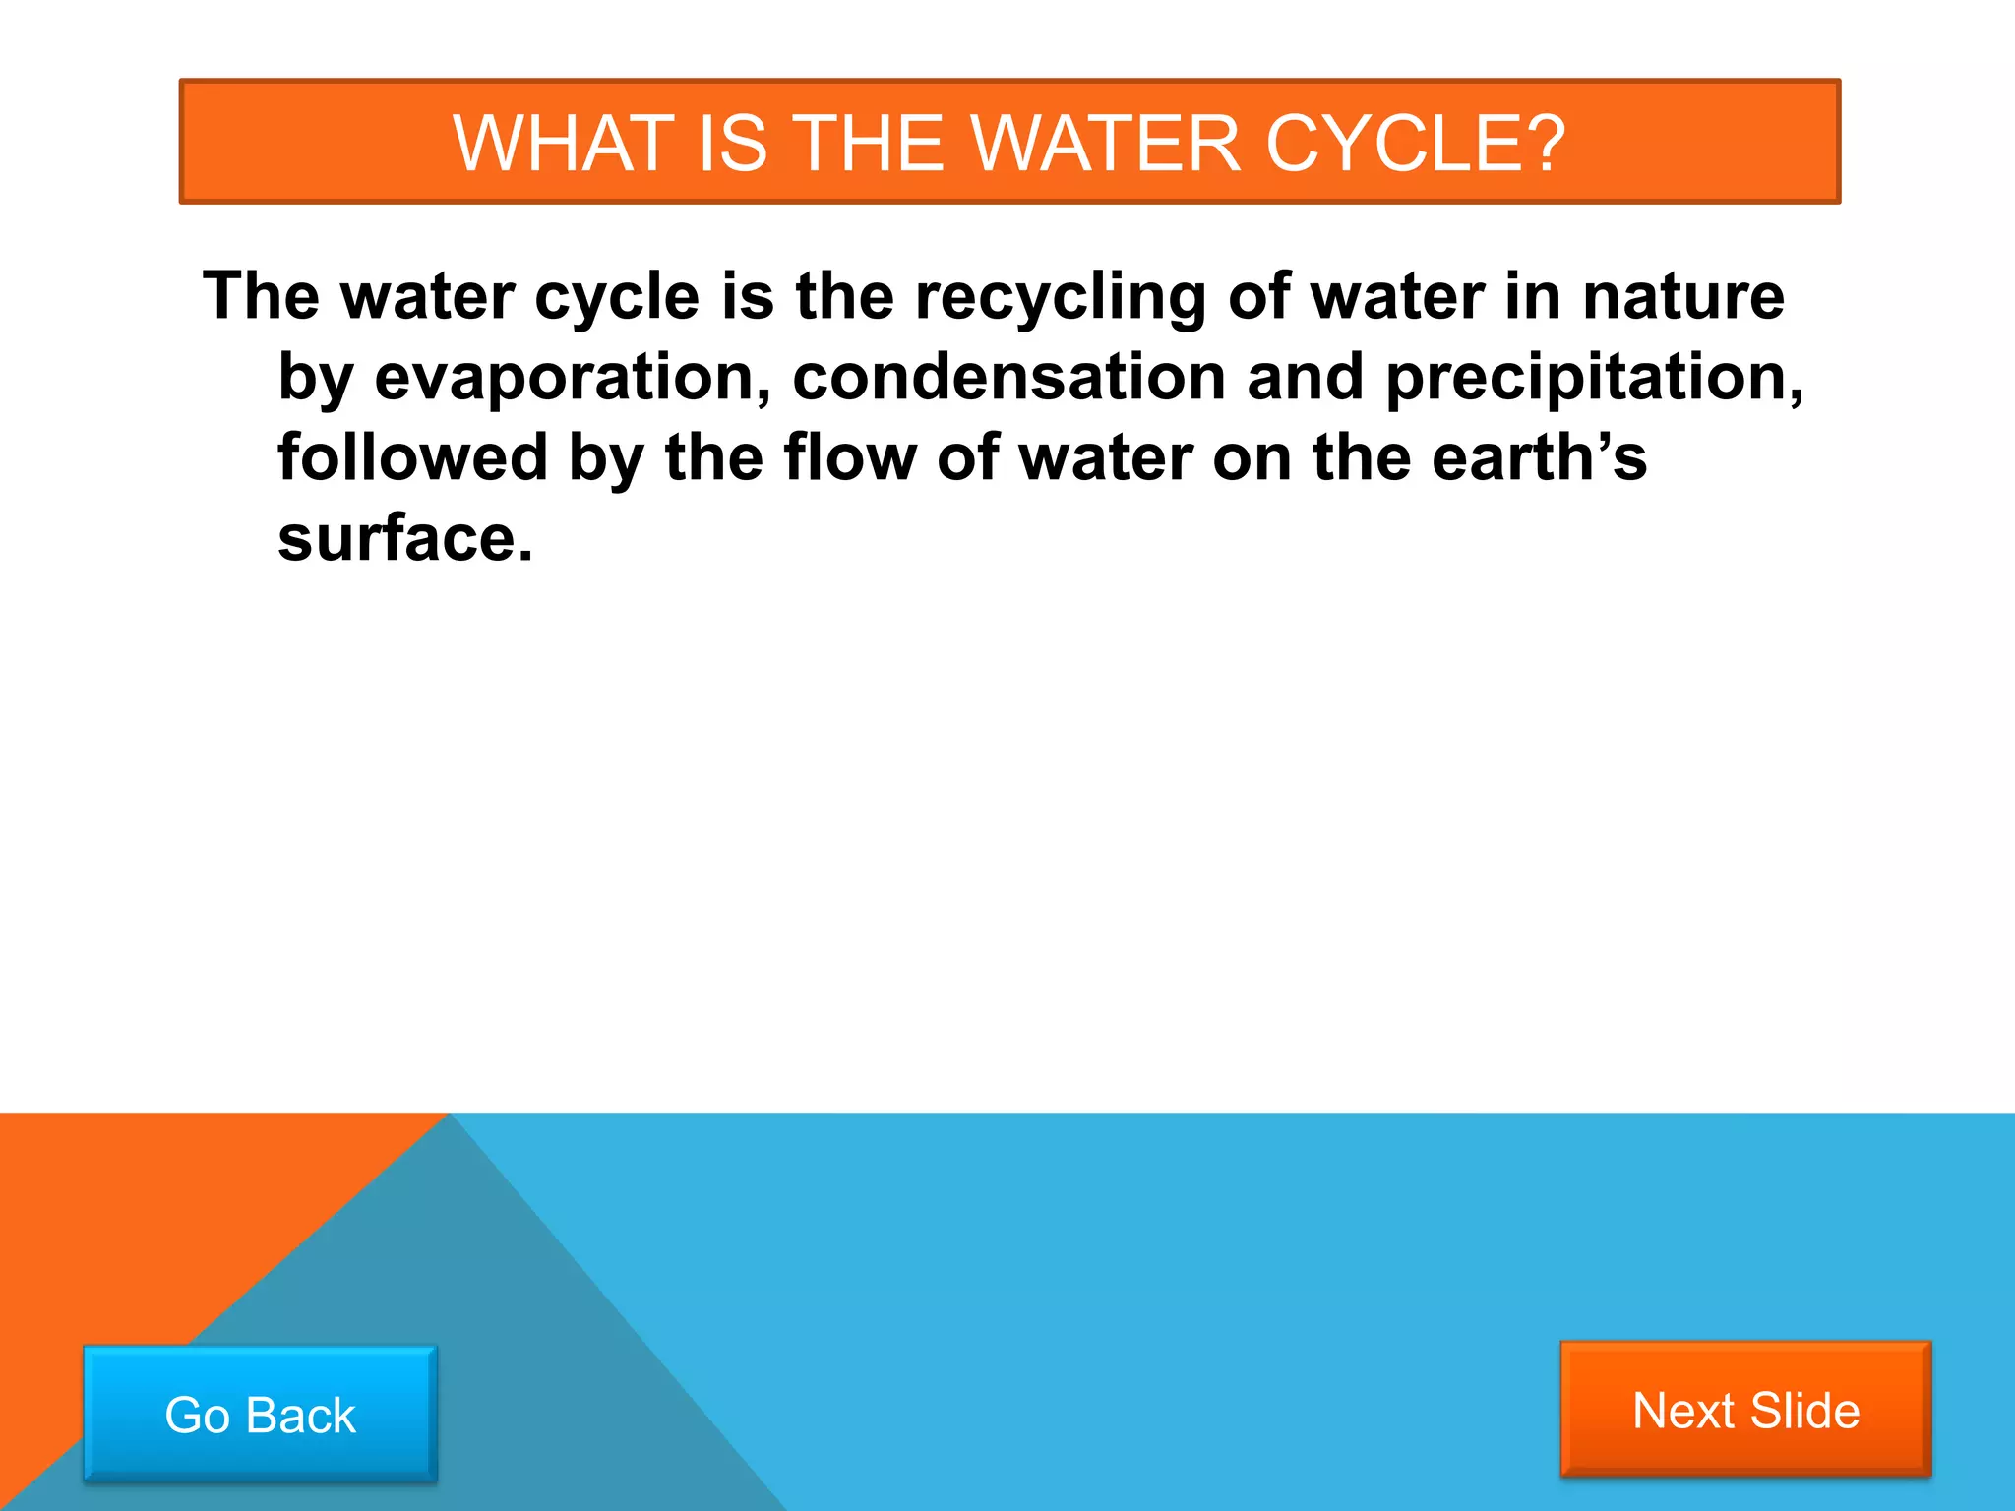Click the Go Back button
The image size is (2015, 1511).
[260, 1414]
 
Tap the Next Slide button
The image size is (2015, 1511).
[1745, 1409]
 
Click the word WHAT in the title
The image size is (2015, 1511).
[562, 144]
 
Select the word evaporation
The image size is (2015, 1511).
[572, 378]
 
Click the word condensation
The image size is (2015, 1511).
[1008, 378]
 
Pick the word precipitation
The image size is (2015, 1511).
[1594, 378]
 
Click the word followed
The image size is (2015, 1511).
[412, 458]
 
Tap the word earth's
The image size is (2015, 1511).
[1539, 458]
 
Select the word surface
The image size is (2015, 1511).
[404, 539]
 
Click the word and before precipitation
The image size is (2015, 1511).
[1305, 378]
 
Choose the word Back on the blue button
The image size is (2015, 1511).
[300, 1416]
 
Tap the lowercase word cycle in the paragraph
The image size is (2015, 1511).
[616, 297]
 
